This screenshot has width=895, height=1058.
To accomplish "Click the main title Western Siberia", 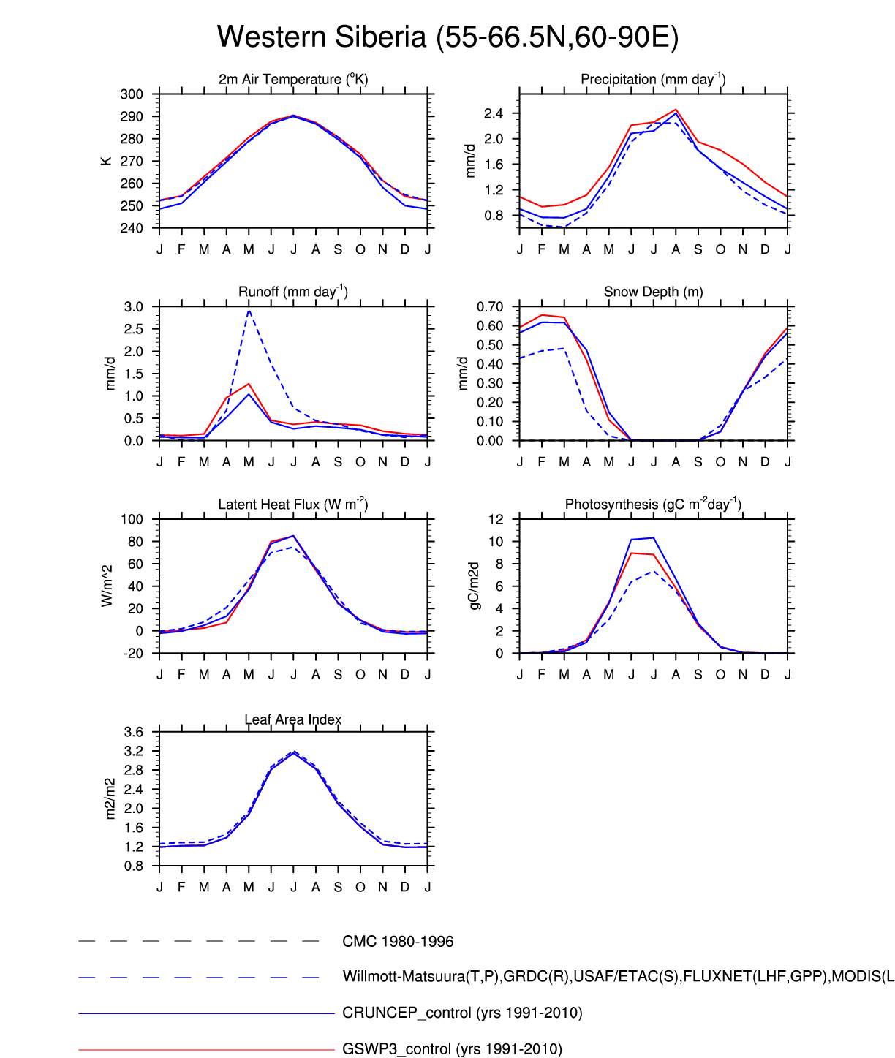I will click(447, 37).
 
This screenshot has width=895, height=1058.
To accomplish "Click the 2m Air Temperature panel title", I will click(292, 79).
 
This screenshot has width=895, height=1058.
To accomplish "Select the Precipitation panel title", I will click(653, 79).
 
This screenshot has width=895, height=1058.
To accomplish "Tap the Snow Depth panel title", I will click(653, 292).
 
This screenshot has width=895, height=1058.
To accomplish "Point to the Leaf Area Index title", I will click(292, 719).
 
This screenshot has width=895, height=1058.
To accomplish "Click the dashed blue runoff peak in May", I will click(249, 310).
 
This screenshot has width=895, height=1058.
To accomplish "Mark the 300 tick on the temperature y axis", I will click(132, 94).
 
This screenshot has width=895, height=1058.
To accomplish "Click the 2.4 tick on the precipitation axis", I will click(493, 113).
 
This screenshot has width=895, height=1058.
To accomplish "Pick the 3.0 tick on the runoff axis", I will click(133, 307).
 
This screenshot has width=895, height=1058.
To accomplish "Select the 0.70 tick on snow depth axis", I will click(489, 307).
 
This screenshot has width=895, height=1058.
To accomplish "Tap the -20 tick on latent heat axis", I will click(132, 654).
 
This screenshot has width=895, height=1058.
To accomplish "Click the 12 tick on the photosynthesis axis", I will click(496, 520).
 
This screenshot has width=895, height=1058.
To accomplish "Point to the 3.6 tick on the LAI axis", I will click(133, 733).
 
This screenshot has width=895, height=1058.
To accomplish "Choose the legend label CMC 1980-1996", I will click(398, 942).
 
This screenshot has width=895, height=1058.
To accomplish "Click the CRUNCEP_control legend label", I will click(462, 1013).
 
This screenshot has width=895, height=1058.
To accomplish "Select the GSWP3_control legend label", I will click(452, 1049).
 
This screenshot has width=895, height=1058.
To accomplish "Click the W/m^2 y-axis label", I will click(107, 586).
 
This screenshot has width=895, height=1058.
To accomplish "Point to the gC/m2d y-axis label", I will click(473, 586).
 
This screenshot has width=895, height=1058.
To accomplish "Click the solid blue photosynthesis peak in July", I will click(653, 538).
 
